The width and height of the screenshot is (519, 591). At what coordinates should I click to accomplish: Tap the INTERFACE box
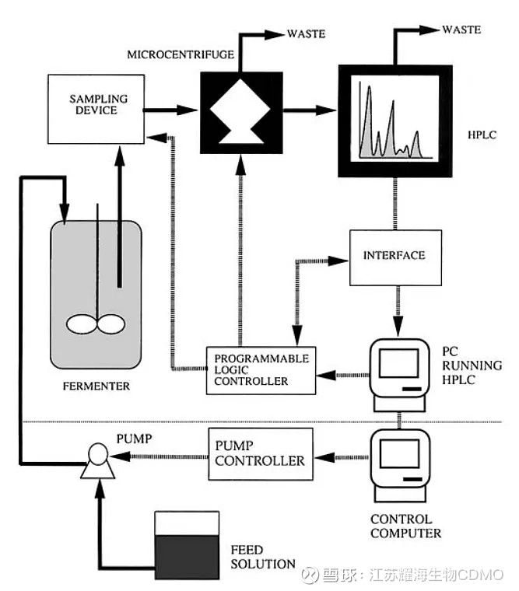point(395,255)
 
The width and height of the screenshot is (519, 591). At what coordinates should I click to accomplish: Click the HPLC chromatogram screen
point(395,120)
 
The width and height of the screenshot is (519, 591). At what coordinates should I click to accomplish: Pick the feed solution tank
point(188,544)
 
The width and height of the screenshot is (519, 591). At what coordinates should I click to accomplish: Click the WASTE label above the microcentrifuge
point(307,34)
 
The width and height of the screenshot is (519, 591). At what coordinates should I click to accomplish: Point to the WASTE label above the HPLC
point(462,30)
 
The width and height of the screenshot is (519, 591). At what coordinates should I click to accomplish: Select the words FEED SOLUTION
point(263,557)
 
